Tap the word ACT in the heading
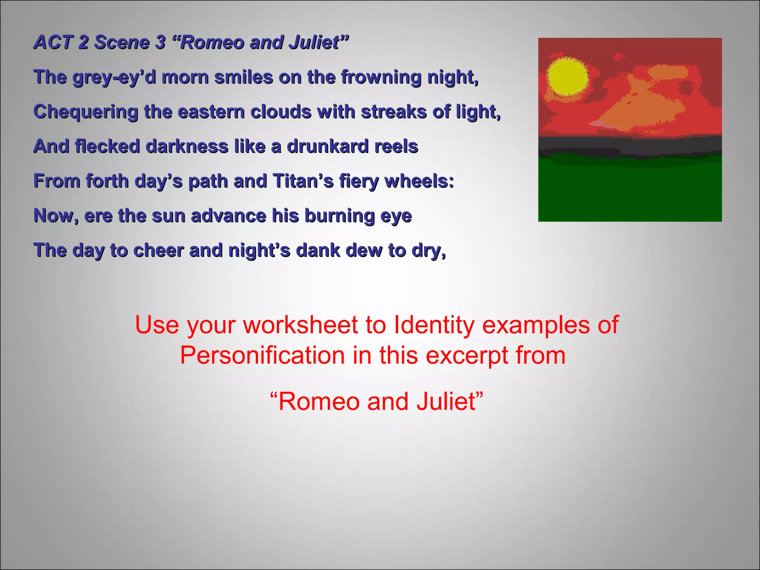[x=52, y=42]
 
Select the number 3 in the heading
[x=160, y=42]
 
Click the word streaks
[x=394, y=112]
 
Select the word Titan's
[x=303, y=181]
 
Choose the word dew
[x=364, y=250]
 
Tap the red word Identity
[x=434, y=325]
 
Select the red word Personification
[x=262, y=356]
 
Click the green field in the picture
[x=630, y=193]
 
